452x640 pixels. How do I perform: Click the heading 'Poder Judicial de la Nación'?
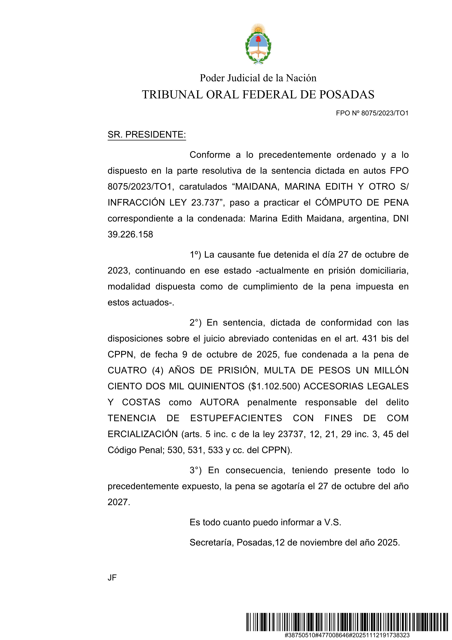(x=258, y=78)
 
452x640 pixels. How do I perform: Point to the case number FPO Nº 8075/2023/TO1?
(x=372, y=113)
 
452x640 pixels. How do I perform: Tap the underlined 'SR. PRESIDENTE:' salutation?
(x=147, y=135)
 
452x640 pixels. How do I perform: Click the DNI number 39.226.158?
(x=130, y=234)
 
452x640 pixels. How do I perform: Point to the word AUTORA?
(x=219, y=402)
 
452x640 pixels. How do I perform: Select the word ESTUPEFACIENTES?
(x=236, y=418)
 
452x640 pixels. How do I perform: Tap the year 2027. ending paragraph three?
(x=119, y=502)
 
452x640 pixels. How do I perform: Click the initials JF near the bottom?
(x=112, y=578)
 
